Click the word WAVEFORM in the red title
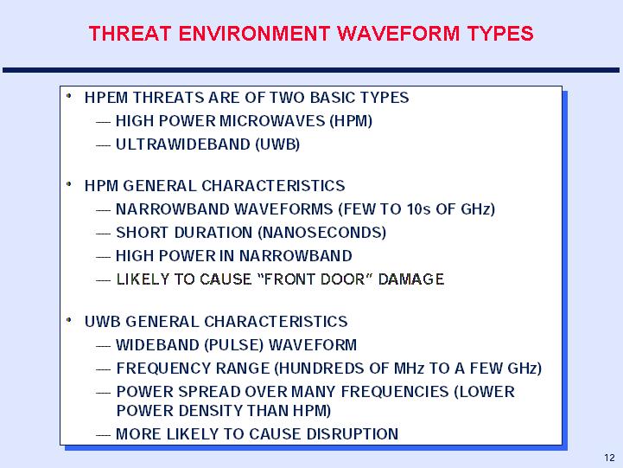pos(398,34)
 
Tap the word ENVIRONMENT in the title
pos(254,34)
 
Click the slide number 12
pos(609,458)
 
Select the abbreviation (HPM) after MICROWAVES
pos(351,121)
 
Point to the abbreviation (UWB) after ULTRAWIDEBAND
pos(277,144)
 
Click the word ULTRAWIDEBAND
pos(183,144)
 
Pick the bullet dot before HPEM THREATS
pos(69,96)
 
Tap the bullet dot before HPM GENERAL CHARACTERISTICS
pos(69,184)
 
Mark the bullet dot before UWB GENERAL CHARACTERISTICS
pos(69,320)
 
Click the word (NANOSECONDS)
pos(321,233)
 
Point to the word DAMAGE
pos(411,279)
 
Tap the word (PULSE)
pos(233,345)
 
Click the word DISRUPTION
pos(353,434)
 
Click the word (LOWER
pos(485,392)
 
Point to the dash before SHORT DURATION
pos(104,234)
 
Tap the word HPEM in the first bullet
pos(106,98)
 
